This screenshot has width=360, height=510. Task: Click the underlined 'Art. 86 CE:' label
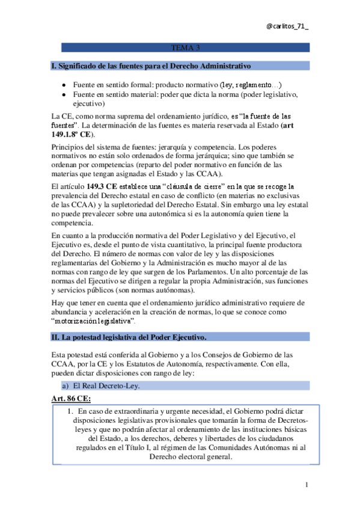point(71,398)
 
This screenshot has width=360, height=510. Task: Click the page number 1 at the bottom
point(307,485)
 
